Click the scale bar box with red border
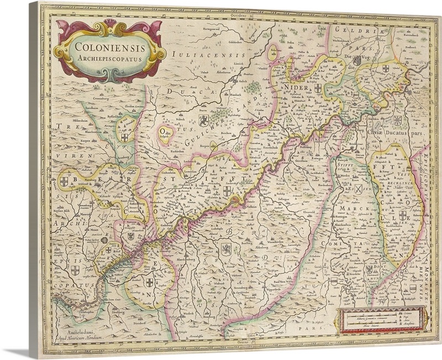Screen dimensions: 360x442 (381, 319)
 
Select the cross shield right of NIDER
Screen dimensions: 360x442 (318, 88)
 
